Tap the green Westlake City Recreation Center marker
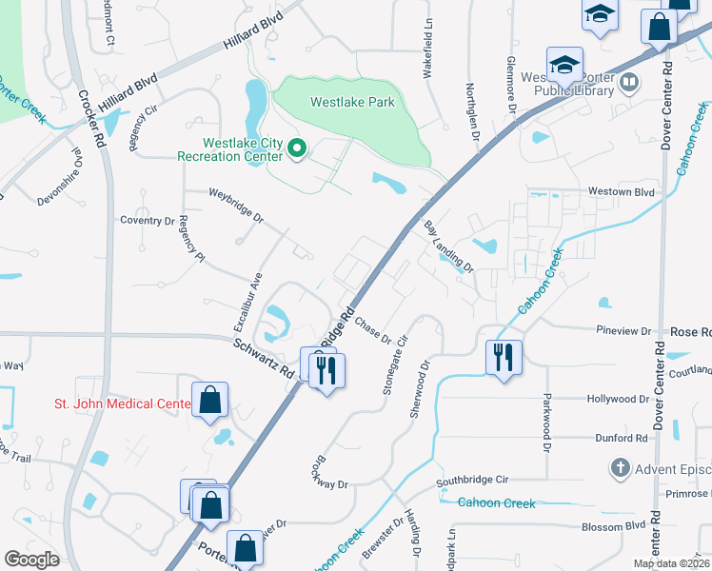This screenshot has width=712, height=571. (x=296, y=148)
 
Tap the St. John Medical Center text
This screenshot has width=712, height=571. (x=115, y=404)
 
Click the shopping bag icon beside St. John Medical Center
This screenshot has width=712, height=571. (x=210, y=400)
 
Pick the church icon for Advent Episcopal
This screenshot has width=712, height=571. (x=620, y=467)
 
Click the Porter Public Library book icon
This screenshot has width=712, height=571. (x=628, y=84)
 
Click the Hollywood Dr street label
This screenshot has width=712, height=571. (x=619, y=400)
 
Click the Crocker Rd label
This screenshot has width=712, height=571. (x=91, y=119)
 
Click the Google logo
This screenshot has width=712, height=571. (x=31, y=560)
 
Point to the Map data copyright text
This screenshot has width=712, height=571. (x=670, y=563)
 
